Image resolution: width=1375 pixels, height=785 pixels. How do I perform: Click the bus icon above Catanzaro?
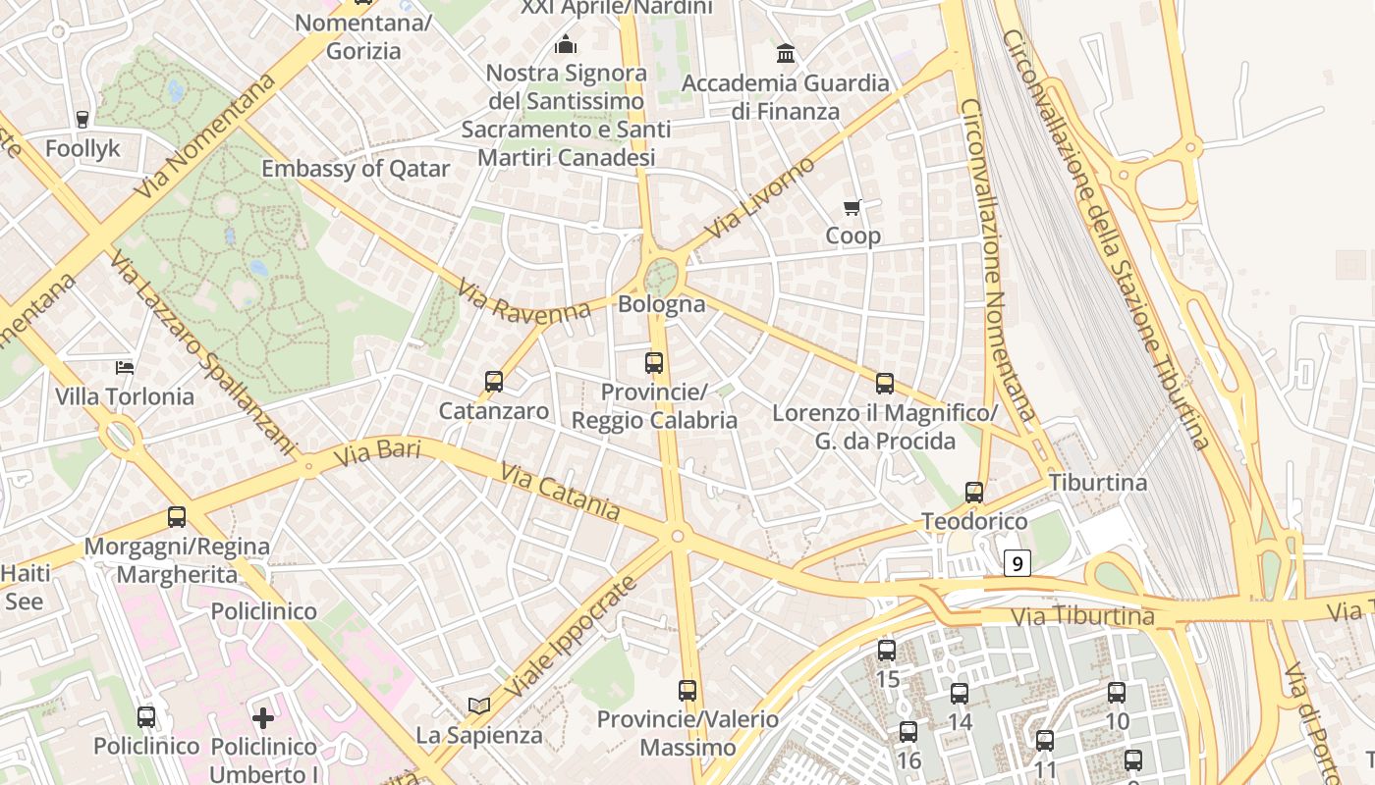494,382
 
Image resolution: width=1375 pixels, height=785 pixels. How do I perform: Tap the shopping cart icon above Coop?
852,207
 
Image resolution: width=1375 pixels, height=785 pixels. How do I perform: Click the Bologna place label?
661,304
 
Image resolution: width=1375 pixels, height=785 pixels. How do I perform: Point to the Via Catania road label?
560,493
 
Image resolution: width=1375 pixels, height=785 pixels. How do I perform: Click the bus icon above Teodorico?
973,492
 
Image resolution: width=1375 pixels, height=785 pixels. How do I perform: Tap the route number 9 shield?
1017,563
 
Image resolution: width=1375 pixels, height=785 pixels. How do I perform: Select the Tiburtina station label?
1098,483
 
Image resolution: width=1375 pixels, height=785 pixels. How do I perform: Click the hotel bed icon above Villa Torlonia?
125,368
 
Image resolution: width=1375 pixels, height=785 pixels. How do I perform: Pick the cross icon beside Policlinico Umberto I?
263,717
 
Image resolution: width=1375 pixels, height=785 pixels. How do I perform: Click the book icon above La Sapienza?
479,706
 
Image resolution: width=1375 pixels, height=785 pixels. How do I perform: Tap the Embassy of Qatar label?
356,169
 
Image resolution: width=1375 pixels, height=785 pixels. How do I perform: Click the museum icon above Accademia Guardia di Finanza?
786,53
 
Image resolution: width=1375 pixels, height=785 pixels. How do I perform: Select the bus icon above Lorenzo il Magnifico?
885,384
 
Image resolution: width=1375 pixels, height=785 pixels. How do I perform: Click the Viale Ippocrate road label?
573,638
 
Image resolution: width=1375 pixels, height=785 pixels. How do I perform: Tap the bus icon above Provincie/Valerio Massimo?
687,690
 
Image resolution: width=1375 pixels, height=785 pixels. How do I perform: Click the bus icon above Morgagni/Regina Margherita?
177,516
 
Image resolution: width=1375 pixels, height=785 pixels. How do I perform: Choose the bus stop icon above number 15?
887,650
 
